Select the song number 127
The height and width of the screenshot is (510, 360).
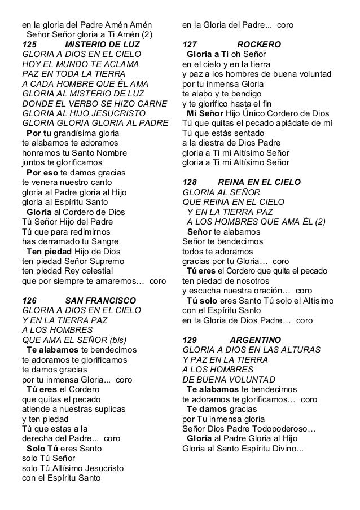[191, 45]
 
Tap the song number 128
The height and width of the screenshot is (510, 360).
[191, 182]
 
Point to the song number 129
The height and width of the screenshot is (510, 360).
[191, 340]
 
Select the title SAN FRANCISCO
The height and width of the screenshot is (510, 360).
[100, 300]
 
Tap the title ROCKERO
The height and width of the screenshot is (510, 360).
[259, 45]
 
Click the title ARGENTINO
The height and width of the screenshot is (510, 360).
[255, 340]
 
